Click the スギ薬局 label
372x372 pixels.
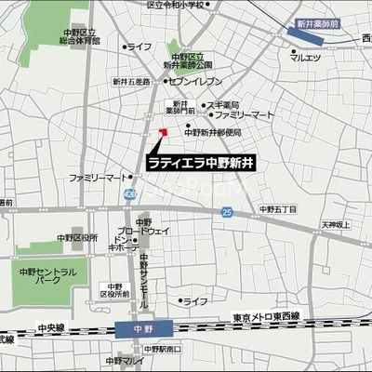click(x=223, y=105)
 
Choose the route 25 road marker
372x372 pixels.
click(x=227, y=213)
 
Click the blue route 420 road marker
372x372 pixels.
click(x=129, y=192)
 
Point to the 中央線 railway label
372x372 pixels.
click(x=52, y=326)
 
